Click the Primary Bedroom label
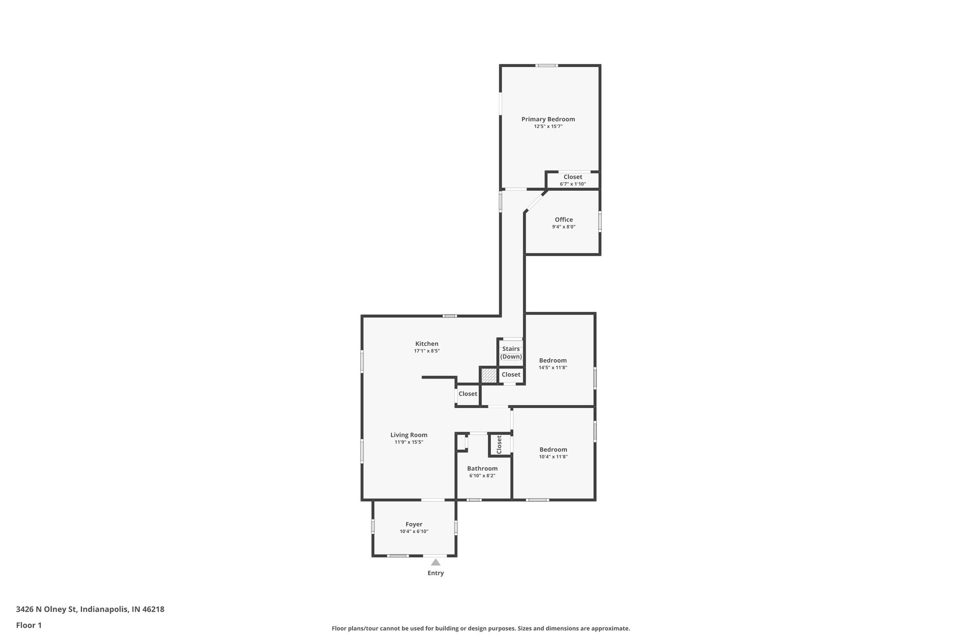[x=548, y=119]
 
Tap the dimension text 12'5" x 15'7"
[x=548, y=126]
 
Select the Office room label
[x=564, y=220]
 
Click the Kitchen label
[x=427, y=344]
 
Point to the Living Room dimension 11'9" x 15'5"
[x=409, y=442]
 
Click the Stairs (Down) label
[x=511, y=353]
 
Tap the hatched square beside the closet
[x=489, y=375]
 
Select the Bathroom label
[x=482, y=469]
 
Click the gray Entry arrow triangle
[x=435, y=562]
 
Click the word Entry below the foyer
[x=435, y=573]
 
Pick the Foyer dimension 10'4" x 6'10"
[x=414, y=532]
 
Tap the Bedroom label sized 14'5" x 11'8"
[x=553, y=361]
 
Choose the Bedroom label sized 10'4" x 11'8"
[x=553, y=449]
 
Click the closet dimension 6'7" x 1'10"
[x=573, y=184]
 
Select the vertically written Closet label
[x=499, y=444]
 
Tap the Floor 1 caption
[x=29, y=626]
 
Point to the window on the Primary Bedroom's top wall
[x=547, y=65]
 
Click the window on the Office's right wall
[x=600, y=221]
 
